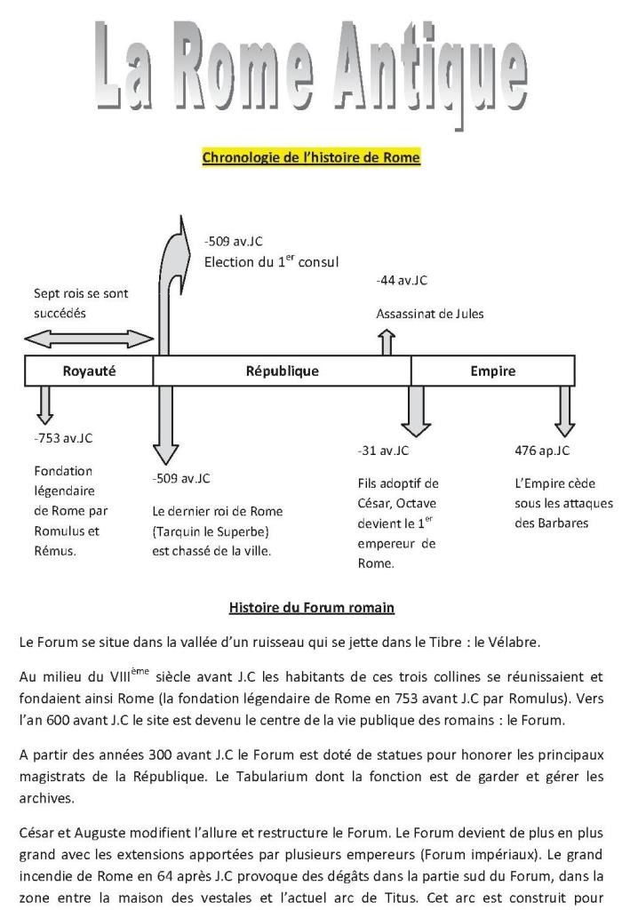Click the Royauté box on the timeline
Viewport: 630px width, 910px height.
(89, 371)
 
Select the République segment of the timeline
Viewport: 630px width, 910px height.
(282, 371)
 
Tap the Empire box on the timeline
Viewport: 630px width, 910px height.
(492, 371)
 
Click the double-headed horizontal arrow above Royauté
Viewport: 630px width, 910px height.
(89, 339)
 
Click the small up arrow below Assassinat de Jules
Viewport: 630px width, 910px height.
(387, 342)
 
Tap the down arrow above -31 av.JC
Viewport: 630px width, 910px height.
(414, 409)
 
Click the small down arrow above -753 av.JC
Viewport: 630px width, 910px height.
(45, 405)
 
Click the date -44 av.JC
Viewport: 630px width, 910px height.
(402, 281)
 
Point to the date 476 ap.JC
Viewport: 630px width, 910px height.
(542, 451)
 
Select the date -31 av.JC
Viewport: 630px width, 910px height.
(383, 451)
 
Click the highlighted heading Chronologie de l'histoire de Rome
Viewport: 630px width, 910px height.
(311, 158)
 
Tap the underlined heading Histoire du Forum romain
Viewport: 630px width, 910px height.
(311, 609)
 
